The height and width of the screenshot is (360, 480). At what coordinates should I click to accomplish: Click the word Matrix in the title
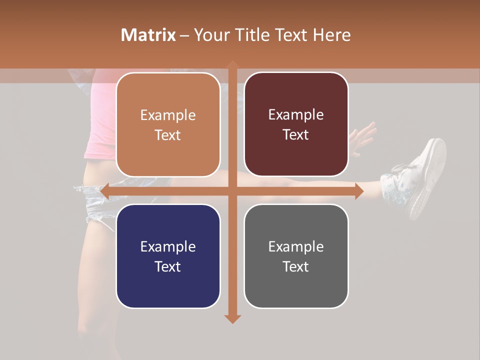(x=148, y=35)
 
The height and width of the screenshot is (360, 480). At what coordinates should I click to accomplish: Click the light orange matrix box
(x=168, y=124)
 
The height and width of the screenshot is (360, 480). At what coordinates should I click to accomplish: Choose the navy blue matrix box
(x=168, y=256)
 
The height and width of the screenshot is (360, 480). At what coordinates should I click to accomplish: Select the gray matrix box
(x=296, y=256)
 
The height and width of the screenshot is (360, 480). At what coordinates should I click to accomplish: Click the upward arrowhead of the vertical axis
(x=232, y=64)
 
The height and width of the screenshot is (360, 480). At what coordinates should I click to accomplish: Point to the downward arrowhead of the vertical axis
(x=232, y=318)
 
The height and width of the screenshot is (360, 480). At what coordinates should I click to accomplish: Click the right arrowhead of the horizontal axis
(x=359, y=191)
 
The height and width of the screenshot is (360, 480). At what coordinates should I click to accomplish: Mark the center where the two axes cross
(x=232, y=191)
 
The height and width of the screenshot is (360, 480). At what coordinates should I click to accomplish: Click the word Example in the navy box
(x=168, y=246)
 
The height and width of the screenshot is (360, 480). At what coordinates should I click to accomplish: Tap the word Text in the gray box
(x=296, y=266)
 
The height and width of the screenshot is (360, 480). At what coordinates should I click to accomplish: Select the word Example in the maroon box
(x=296, y=115)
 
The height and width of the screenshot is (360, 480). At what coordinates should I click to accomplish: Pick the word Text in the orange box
(x=168, y=135)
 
